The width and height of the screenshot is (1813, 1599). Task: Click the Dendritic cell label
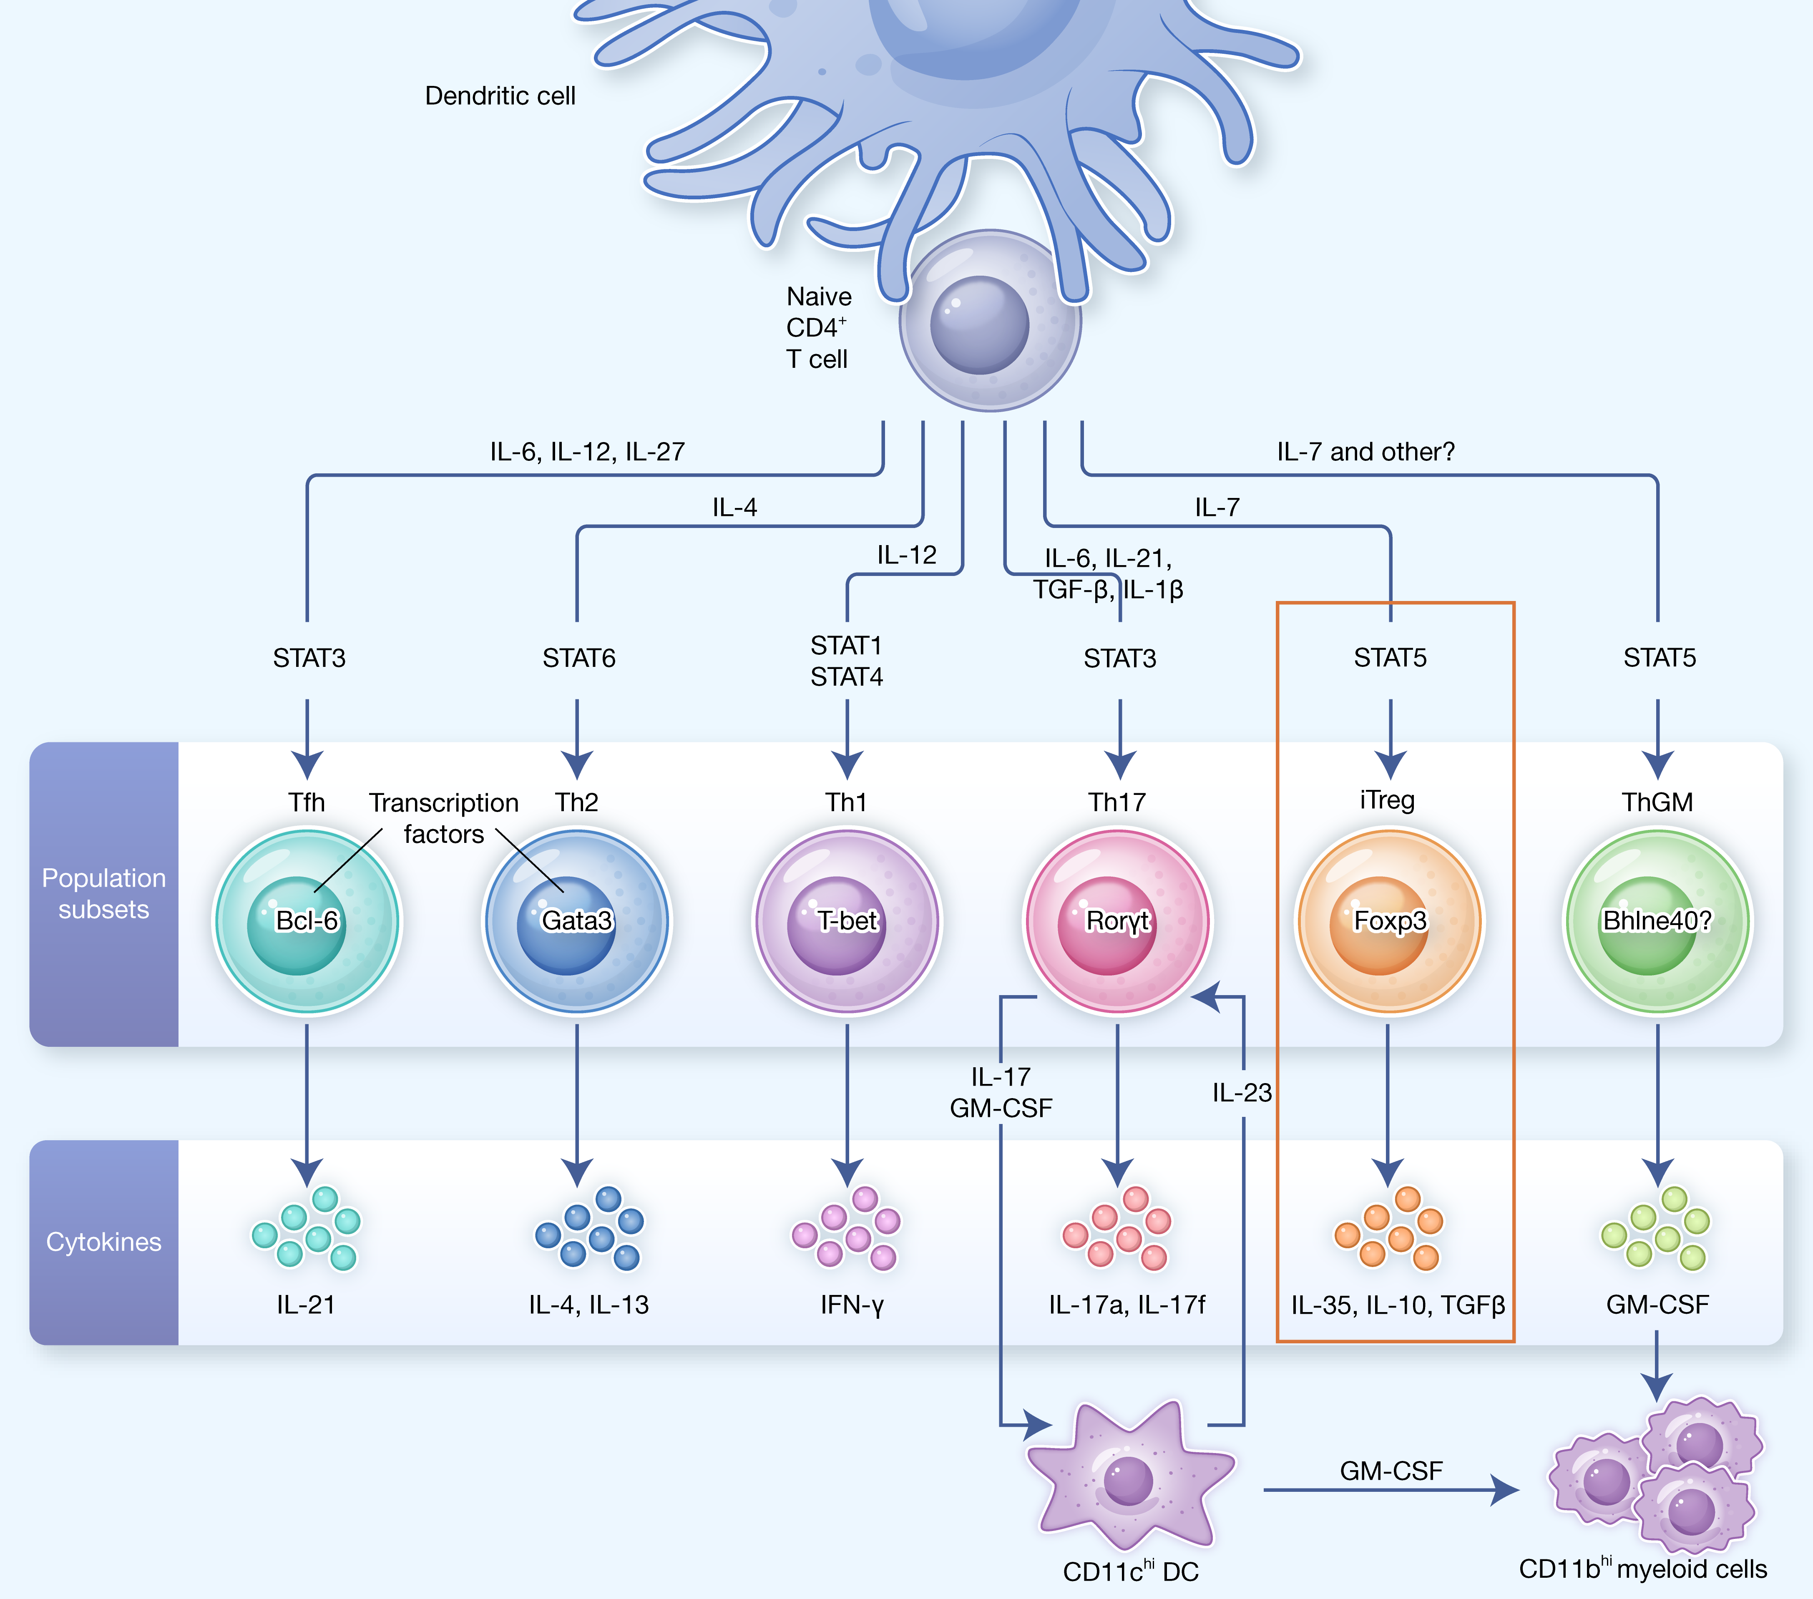(x=500, y=96)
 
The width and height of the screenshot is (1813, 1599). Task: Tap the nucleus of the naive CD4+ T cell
(x=979, y=324)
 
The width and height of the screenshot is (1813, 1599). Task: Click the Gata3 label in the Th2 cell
(x=576, y=920)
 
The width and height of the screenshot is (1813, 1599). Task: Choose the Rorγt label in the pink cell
(x=1118, y=920)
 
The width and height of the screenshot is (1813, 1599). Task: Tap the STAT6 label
(x=578, y=658)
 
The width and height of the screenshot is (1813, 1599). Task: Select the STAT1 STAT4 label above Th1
(x=846, y=661)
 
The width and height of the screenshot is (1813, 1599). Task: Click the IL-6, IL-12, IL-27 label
(x=587, y=451)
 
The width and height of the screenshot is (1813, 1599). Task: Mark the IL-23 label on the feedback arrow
(x=1242, y=1093)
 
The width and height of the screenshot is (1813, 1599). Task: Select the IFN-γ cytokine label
(x=852, y=1305)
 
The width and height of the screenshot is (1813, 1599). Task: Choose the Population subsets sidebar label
(x=104, y=893)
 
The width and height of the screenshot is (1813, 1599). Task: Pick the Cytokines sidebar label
(x=104, y=1242)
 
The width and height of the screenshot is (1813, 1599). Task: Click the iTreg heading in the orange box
(x=1387, y=800)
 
